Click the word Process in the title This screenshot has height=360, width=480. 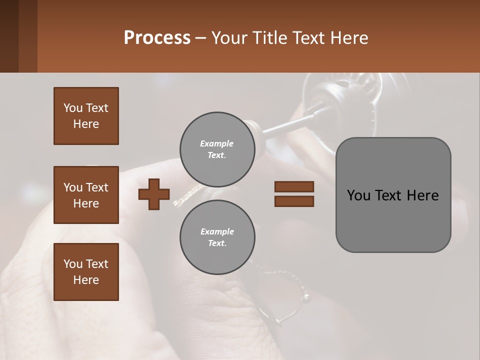[157, 37]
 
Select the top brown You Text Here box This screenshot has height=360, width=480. [86, 116]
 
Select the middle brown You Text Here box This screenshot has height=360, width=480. [86, 195]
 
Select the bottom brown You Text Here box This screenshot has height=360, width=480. [86, 271]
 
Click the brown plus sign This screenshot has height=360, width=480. [154, 194]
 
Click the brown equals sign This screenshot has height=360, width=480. [294, 194]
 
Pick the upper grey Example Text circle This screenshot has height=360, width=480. [217, 149]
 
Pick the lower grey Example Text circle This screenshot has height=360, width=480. [217, 237]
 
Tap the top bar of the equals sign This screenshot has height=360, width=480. [294, 186]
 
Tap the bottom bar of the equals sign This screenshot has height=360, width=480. [294, 201]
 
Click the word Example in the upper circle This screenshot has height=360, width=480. [217, 143]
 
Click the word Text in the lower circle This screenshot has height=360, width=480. [217, 243]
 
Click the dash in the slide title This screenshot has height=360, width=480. [201, 38]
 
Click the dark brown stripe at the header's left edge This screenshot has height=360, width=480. [9, 36]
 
